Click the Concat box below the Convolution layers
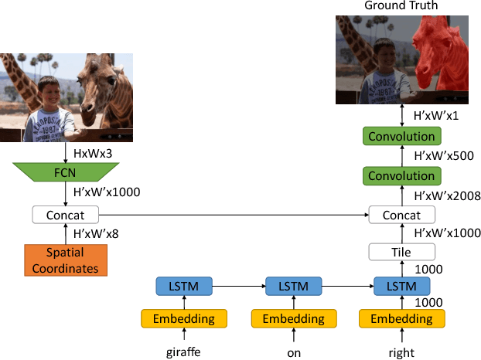[401, 215]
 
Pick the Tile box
[401, 252]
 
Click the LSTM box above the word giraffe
[183, 287]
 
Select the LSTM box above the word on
[292, 287]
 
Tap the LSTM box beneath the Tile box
[401, 287]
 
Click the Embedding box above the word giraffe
[183, 319]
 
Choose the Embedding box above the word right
[401, 319]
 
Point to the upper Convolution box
[401, 137]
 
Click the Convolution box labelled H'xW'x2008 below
[401, 176]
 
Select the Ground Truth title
[401, 6]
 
